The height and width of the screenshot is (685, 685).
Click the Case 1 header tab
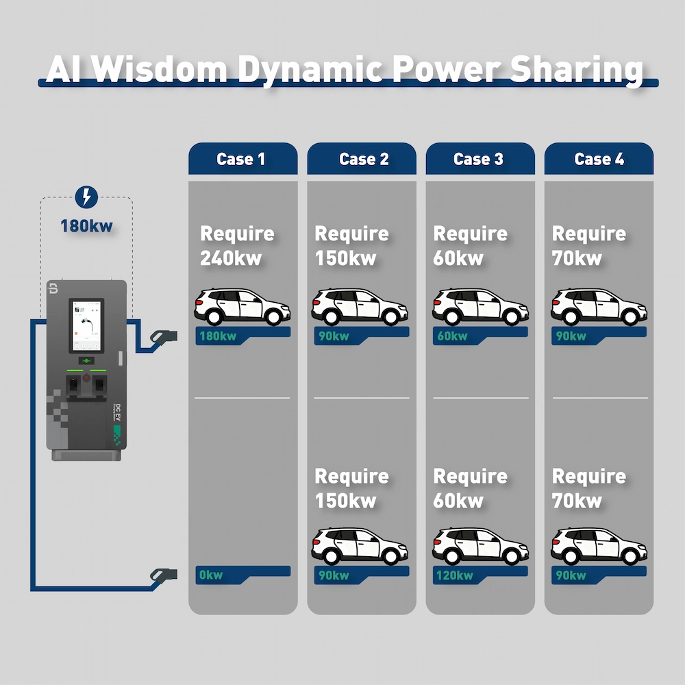tap(242, 159)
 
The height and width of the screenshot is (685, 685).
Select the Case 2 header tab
tap(362, 159)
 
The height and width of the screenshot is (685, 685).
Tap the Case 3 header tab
tap(480, 159)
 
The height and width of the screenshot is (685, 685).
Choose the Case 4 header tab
tap(599, 159)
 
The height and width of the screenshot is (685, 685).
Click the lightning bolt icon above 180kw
tap(86, 197)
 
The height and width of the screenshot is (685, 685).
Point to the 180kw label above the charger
tap(86, 225)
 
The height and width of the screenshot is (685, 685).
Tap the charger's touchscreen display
tap(86, 325)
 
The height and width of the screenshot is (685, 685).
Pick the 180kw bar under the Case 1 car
tap(242, 336)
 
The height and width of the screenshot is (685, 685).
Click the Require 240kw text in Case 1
tap(236, 245)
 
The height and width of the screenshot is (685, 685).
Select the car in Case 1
tap(242, 307)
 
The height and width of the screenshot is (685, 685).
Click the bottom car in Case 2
tap(360, 546)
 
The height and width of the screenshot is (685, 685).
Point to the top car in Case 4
tap(599, 307)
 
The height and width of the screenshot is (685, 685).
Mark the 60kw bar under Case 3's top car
tap(480, 336)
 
